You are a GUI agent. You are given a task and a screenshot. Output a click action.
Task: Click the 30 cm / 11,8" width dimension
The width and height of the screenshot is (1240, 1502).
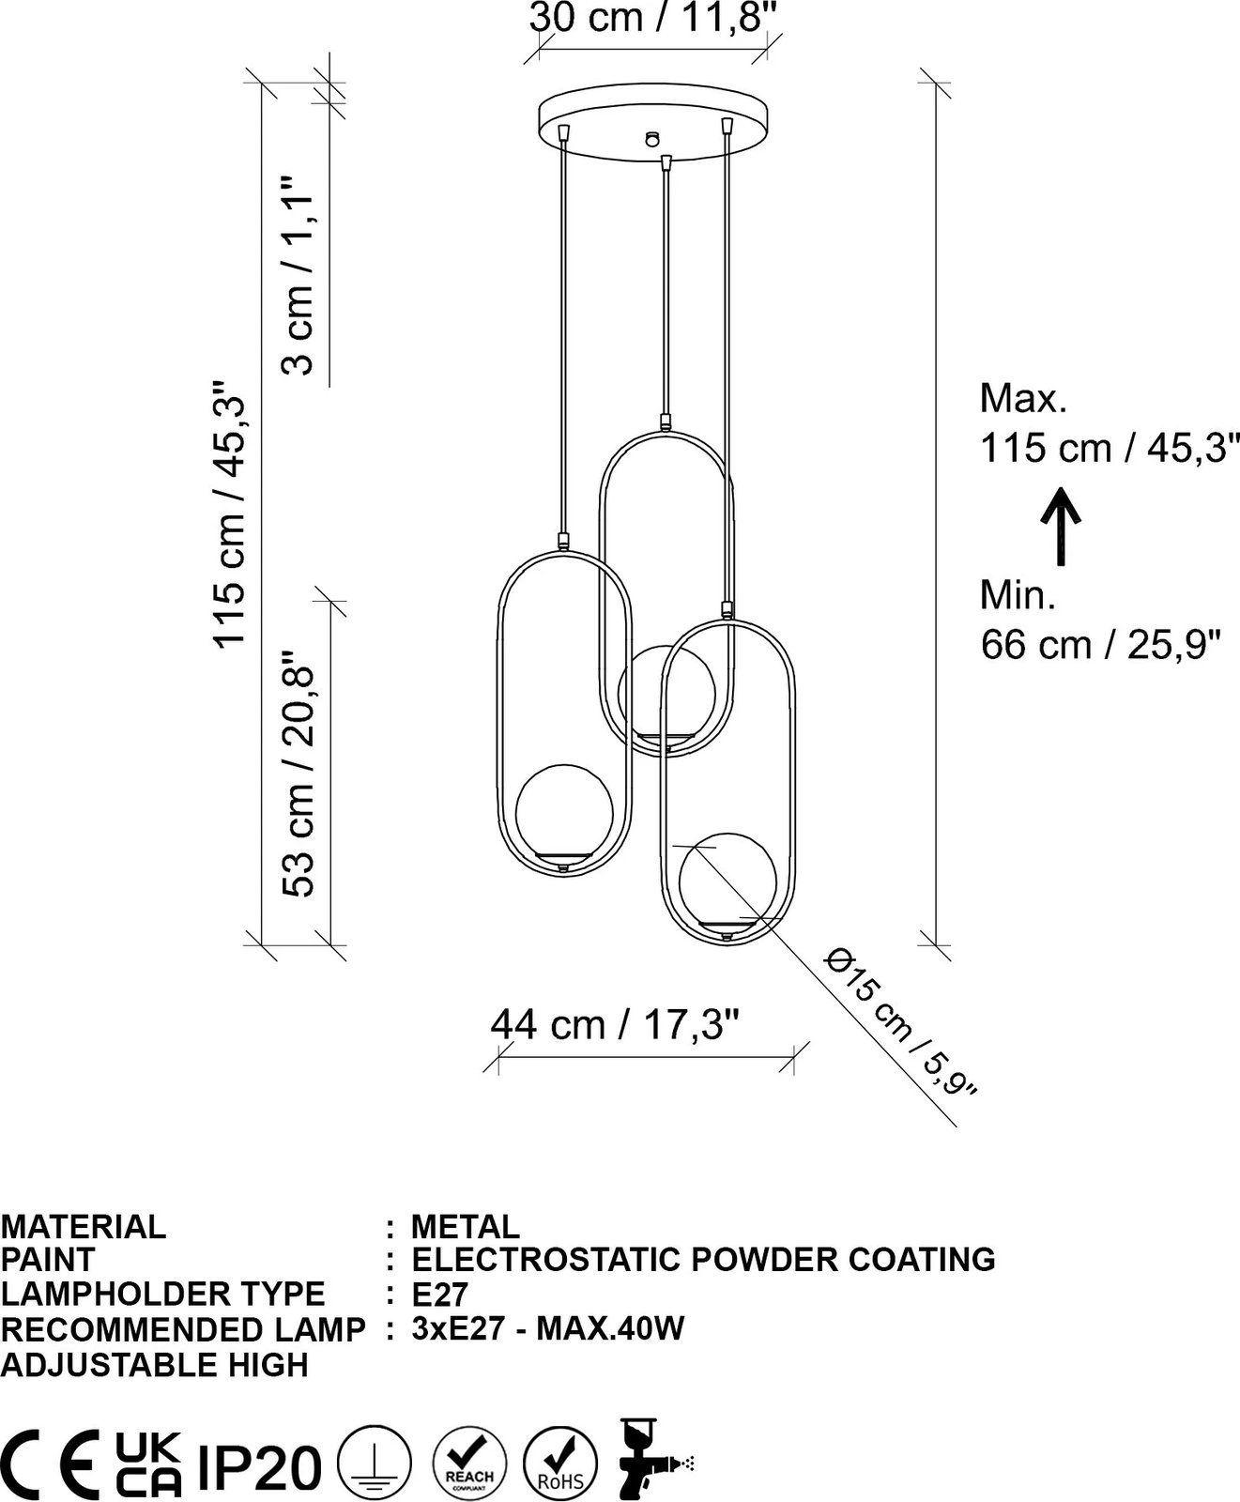pos(654,17)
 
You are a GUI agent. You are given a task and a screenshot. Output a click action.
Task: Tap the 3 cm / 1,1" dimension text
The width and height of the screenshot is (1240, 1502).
pos(300,273)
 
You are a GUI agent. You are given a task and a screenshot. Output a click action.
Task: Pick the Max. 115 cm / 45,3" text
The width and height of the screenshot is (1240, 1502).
pos(1104,423)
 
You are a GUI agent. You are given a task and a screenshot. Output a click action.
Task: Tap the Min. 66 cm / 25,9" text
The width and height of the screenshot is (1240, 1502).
pos(1100,620)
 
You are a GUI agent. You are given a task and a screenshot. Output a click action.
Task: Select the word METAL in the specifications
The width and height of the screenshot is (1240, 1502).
pos(465,1226)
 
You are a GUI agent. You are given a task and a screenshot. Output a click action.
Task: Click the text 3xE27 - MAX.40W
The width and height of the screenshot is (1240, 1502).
pos(548,1328)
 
